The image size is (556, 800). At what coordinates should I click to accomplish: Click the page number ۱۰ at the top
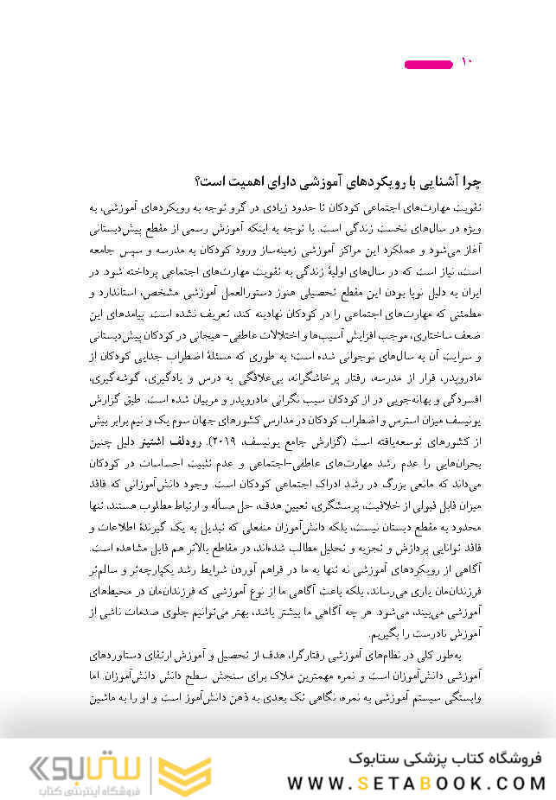coord(466,62)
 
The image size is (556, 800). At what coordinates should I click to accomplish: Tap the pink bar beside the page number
coord(429,64)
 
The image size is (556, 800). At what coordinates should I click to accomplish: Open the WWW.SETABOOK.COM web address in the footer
coord(416,783)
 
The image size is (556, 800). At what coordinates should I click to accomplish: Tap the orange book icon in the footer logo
coord(180,768)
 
